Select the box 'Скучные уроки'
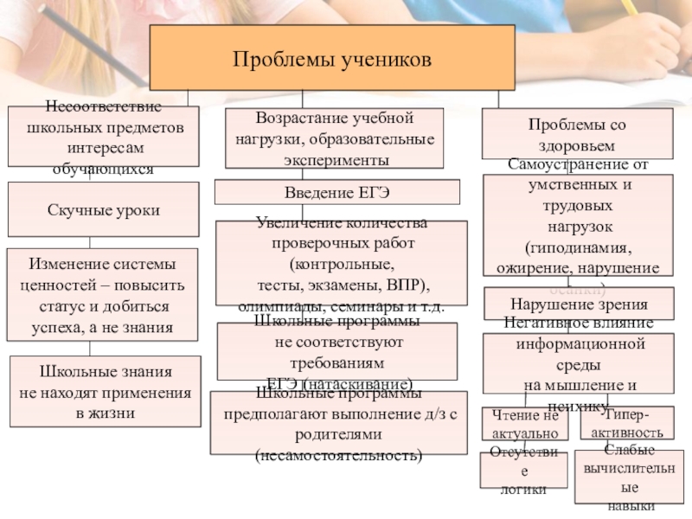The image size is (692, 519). coord(104,210)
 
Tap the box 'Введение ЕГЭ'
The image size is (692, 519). coord(336,191)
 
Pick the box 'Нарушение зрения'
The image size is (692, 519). coord(579,304)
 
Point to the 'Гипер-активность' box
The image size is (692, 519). coord(626,423)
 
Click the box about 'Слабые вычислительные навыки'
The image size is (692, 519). coord(629,477)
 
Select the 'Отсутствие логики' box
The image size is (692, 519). coord(523,471)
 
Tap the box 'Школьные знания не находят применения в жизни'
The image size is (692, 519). coord(104,392)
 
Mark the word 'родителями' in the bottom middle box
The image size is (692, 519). coord(339,434)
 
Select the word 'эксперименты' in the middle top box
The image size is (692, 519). coord(334,160)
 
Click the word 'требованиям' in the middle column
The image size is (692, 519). coord(338,362)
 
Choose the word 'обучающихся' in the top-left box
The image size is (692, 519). coord(103,170)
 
